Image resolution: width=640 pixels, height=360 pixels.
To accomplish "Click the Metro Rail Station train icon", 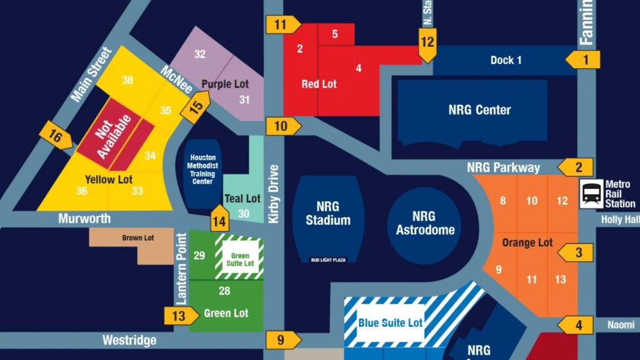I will (591, 193).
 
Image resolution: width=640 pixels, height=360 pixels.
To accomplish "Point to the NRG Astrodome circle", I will (424, 224).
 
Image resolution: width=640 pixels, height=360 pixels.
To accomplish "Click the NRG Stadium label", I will (328, 213).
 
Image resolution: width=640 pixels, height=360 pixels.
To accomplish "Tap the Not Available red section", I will (115, 132).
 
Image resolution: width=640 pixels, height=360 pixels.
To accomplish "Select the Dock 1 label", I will (505, 61).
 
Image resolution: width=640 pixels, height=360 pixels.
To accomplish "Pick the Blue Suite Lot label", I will (390, 323).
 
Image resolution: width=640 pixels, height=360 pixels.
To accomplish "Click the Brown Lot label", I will (138, 238).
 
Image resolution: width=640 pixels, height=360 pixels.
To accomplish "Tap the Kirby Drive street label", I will (273, 195).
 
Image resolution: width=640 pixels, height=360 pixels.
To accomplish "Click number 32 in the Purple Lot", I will (200, 54).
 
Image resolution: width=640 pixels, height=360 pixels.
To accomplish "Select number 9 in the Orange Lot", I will (499, 270).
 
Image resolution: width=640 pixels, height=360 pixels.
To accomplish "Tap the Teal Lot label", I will (242, 198).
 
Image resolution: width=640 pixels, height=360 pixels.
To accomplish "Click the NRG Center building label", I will (479, 110).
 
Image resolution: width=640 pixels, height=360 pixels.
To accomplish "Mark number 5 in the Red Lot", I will (335, 34).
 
